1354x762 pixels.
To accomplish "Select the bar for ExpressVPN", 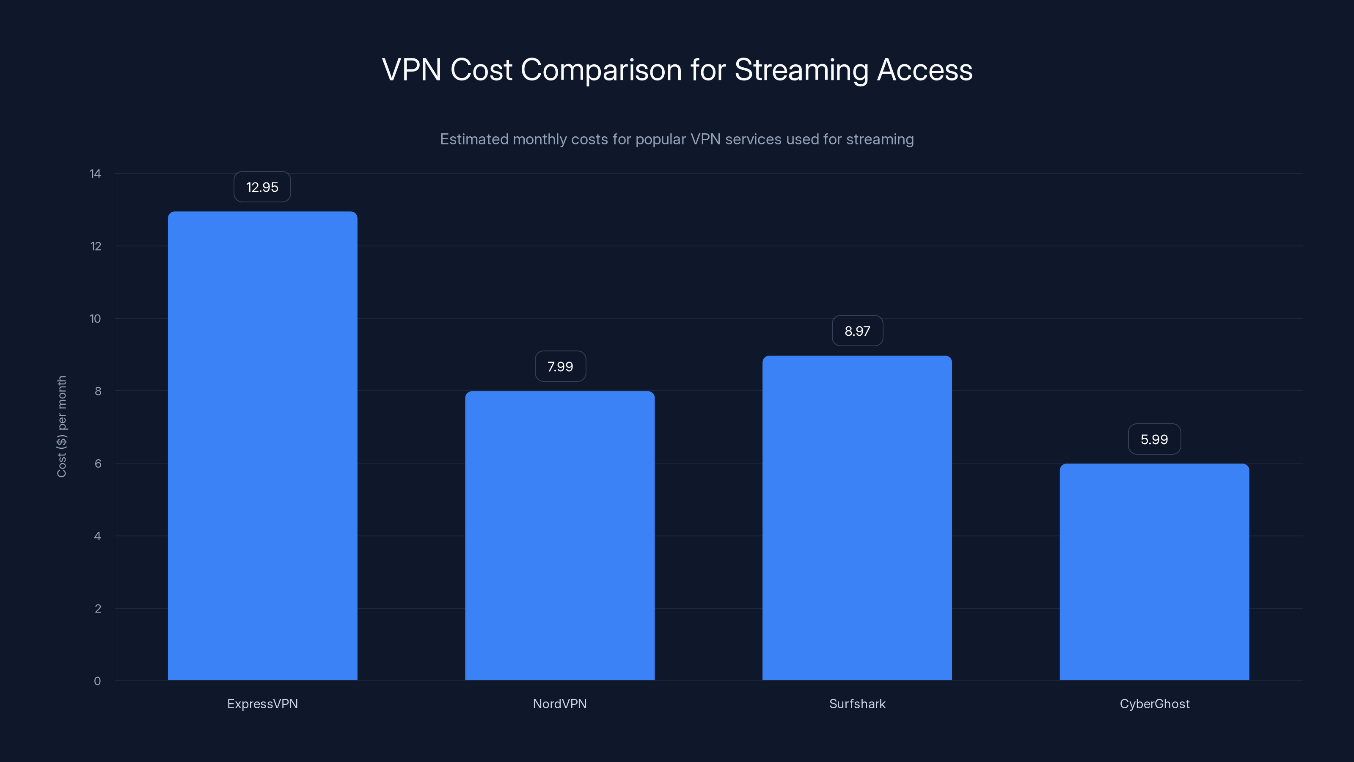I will tap(262, 446).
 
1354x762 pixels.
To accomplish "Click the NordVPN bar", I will tap(560, 536).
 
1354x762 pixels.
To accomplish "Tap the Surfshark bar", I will tap(857, 518).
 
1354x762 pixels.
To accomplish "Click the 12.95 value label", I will tap(262, 187).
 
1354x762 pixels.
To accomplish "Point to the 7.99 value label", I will tap(560, 367).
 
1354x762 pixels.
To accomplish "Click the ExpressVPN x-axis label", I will tap(262, 704).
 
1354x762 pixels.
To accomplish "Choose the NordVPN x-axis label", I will tap(560, 704).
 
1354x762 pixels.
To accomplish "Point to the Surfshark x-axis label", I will tap(857, 704).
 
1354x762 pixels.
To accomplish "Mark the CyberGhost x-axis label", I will tap(1154, 704).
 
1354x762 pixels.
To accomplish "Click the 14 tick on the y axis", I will tap(95, 174).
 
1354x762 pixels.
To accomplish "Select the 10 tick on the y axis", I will tap(95, 319).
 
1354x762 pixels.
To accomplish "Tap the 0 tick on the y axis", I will tap(97, 681).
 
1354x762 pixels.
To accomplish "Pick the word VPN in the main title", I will tap(412, 70).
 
